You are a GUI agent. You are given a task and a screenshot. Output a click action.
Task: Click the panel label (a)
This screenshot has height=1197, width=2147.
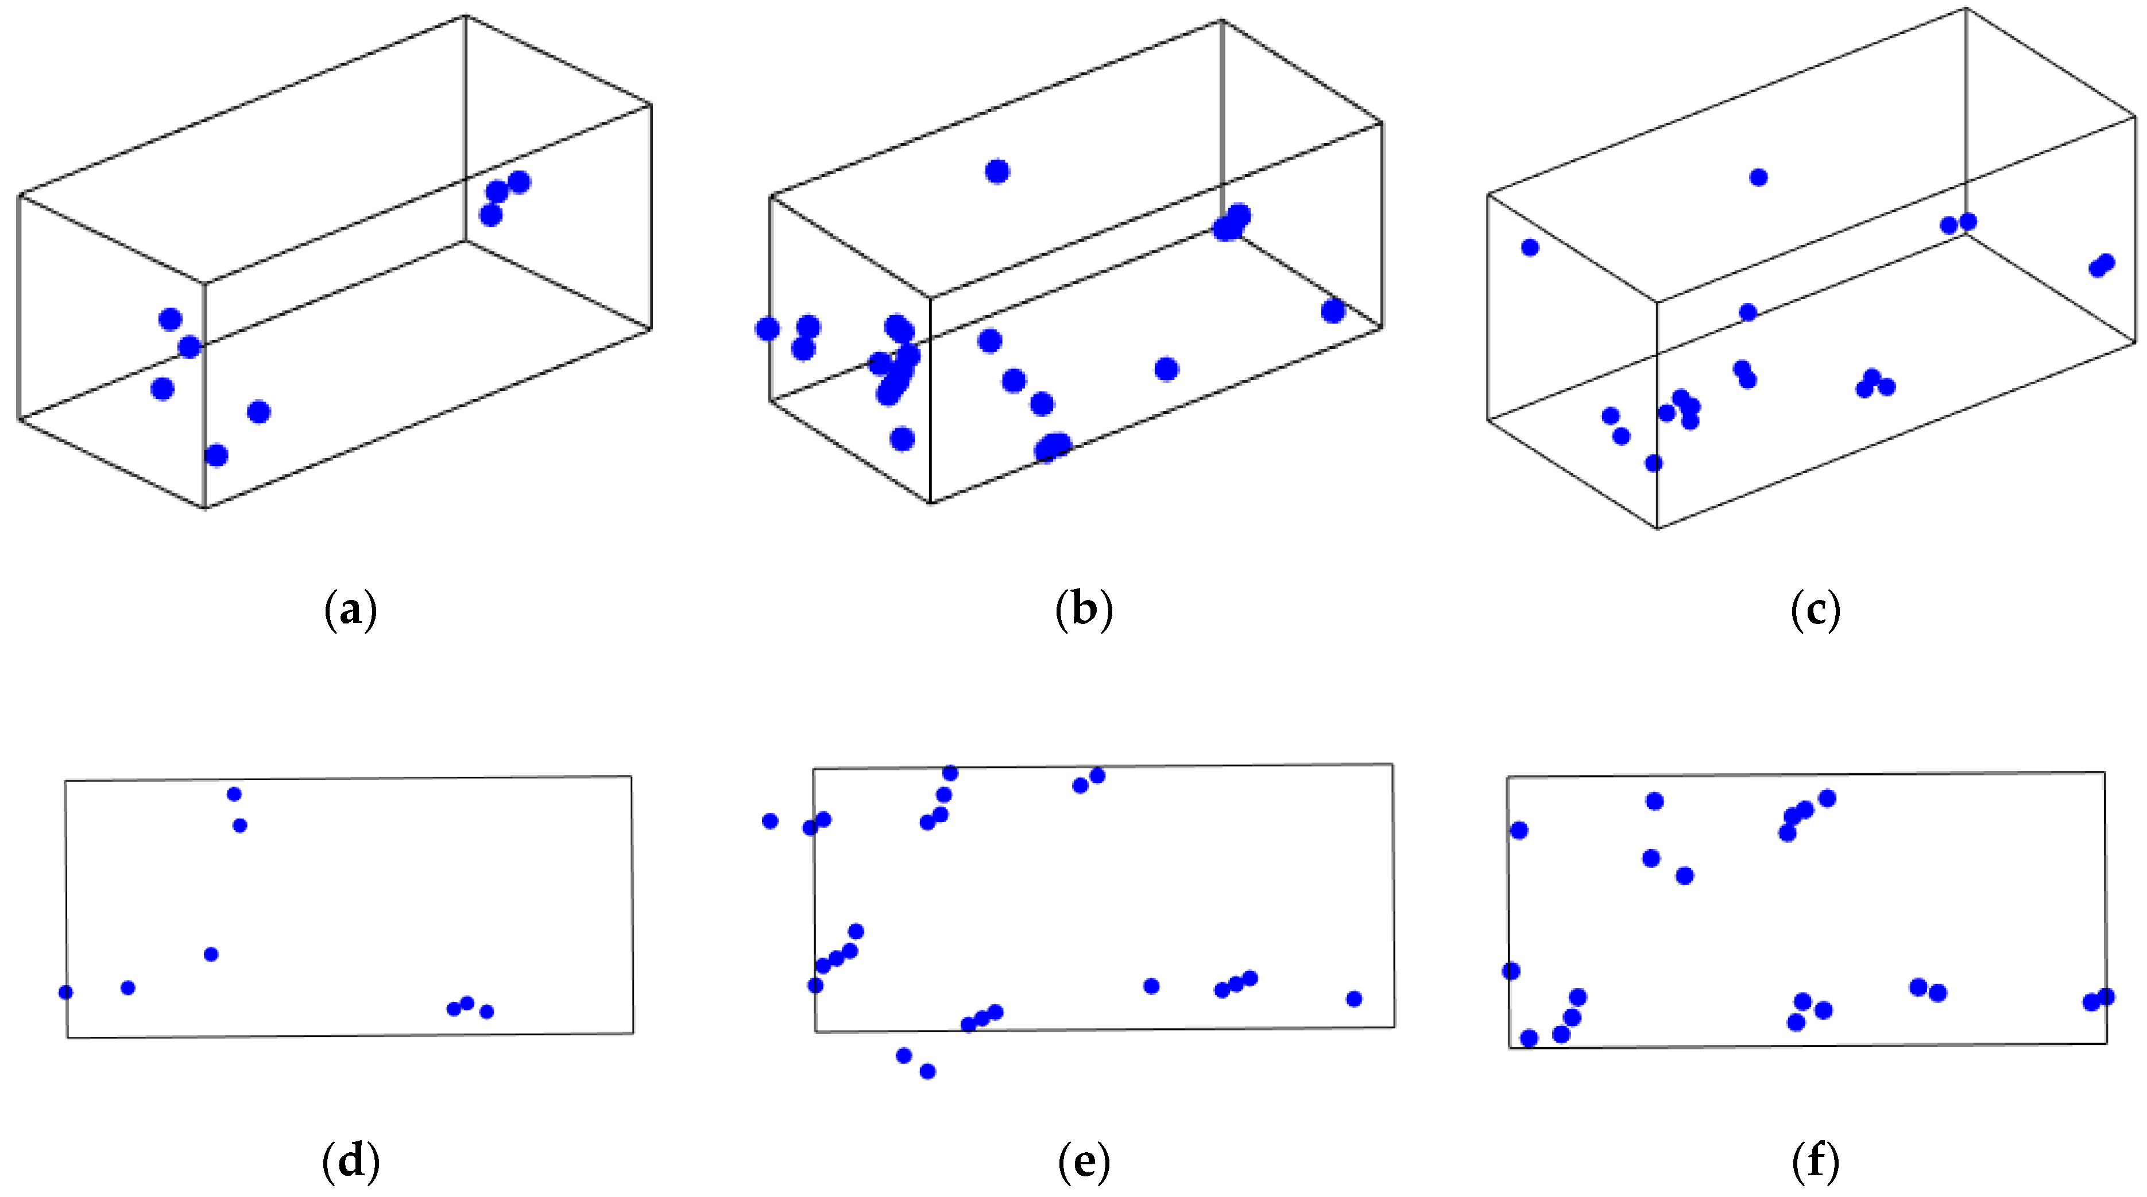[350, 610]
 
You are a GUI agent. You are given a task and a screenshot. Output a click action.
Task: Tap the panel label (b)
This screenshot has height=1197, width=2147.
[1084, 610]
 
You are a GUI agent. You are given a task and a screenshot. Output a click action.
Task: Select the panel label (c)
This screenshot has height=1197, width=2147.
[1815, 610]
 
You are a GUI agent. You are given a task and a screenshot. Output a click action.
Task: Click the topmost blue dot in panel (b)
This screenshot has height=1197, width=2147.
[997, 172]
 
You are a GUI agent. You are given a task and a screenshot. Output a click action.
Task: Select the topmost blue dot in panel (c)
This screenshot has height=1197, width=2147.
[1759, 177]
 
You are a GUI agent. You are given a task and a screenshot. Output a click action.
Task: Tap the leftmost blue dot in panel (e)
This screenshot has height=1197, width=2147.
[770, 821]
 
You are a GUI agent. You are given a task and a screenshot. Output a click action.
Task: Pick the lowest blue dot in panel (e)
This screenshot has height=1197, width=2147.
[927, 1071]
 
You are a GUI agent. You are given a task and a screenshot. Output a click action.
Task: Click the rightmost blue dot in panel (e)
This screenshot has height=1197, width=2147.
[1353, 998]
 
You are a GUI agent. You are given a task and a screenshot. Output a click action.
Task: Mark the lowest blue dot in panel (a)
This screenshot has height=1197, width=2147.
[216, 456]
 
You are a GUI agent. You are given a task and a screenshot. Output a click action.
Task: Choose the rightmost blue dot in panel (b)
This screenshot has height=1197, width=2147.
[1333, 312]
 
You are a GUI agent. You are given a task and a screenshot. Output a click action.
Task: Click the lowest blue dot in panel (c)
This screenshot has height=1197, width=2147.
[1654, 463]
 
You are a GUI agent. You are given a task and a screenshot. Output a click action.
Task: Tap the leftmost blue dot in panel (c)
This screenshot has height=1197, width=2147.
[1529, 247]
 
